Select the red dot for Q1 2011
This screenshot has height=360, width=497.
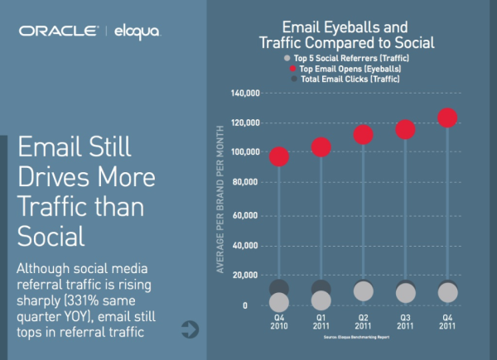click(x=321, y=147)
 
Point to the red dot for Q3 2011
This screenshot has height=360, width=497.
click(x=405, y=129)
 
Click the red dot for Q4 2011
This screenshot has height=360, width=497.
click(x=447, y=118)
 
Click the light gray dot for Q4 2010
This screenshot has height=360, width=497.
click(x=279, y=302)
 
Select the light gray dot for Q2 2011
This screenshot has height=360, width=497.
click(x=363, y=291)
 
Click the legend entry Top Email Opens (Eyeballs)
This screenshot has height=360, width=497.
click(x=357, y=70)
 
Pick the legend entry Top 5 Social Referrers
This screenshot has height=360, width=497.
click(x=357, y=59)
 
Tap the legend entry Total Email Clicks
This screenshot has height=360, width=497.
click(x=357, y=80)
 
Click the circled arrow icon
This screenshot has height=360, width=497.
click(x=190, y=330)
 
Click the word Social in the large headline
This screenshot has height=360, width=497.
click(x=51, y=236)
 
